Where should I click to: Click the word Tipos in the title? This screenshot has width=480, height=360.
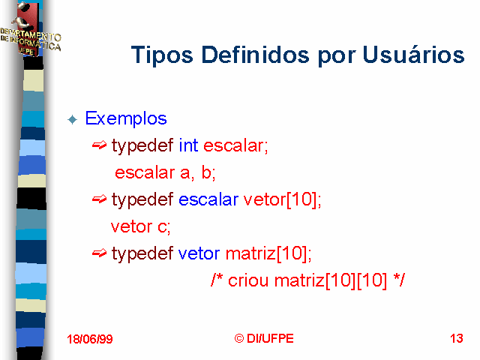[162, 55]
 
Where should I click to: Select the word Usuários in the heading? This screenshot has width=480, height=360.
[413, 54]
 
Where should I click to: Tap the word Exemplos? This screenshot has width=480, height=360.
[126, 118]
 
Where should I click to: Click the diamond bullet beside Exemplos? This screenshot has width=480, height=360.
[73, 119]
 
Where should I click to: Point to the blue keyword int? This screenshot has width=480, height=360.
[188, 145]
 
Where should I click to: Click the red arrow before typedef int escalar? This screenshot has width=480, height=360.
[99, 145]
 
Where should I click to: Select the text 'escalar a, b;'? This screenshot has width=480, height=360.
[165, 172]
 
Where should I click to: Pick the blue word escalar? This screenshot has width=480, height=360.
[208, 199]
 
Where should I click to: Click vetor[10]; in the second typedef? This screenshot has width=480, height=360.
[282, 199]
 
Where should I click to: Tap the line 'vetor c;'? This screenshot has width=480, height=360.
[140, 226]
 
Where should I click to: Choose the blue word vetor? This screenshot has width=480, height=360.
[199, 253]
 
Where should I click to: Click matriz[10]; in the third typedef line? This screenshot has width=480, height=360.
[268, 253]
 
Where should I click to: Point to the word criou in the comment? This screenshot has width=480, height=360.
[248, 280]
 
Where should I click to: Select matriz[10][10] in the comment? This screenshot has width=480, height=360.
[331, 280]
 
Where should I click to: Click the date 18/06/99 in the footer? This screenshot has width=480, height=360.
[90, 339]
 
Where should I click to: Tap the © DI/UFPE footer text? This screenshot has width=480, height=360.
[264, 338]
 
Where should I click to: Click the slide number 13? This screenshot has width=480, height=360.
[457, 338]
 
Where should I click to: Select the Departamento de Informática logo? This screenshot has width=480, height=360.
[30, 30]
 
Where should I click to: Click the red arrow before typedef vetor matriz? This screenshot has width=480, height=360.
[99, 253]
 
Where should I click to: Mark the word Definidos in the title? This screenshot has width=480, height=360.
[256, 55]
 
